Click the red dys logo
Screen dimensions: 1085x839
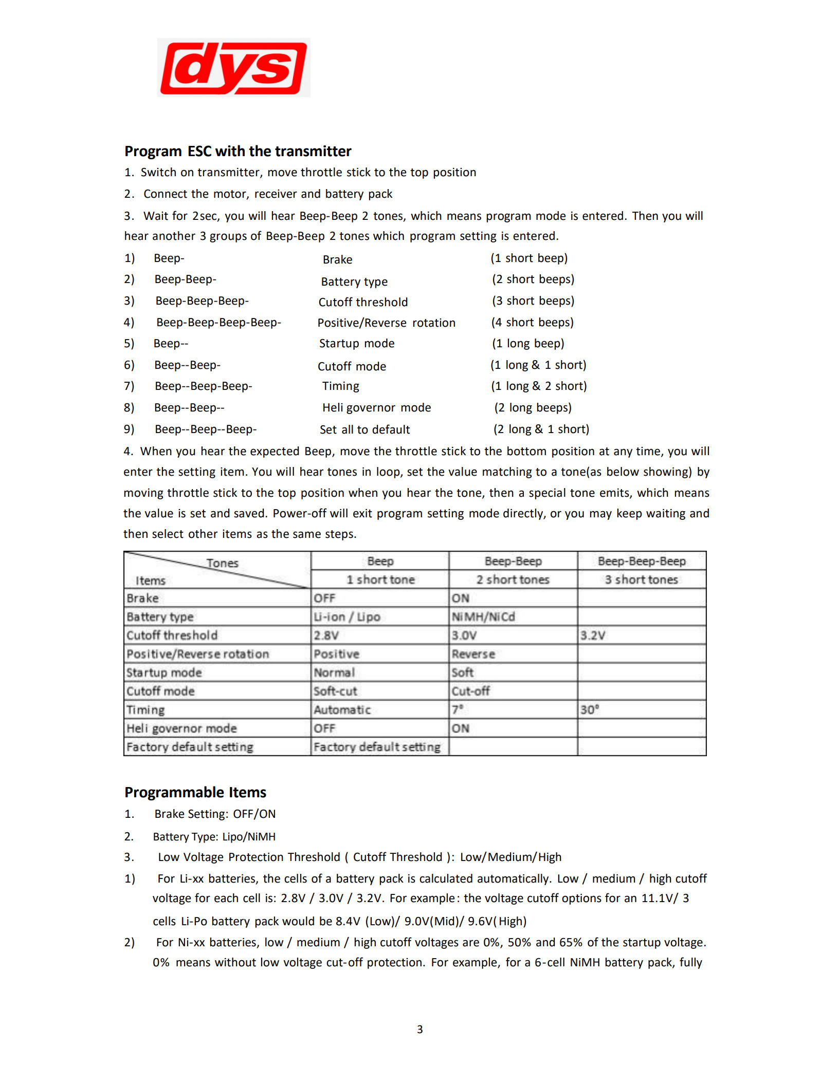point(233,68)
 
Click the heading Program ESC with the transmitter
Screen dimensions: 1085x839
point(238,151)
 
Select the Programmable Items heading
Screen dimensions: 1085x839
point(195,792)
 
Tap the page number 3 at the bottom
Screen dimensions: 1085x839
point(419,1029)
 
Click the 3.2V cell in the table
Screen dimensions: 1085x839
point(593,635)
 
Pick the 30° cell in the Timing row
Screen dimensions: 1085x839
point(590,710)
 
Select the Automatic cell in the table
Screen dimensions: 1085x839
point(342,710)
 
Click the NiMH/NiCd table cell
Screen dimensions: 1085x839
point(483,616)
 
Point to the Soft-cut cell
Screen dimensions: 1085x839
point(335,691)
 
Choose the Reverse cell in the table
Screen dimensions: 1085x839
point(473,654)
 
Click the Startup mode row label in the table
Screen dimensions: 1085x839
point(164,672)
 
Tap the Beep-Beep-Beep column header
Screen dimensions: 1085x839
point(642,561)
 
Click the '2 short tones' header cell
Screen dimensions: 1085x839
point(513,579)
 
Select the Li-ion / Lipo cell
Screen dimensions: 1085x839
point(347,616)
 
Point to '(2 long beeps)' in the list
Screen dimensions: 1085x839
point(533,407)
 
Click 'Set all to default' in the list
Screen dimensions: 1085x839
point(364,429)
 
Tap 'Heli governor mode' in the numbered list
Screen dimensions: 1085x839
point(376,407)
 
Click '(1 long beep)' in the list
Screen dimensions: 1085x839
point(528,343)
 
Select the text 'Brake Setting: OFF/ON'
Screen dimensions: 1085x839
point(215,814)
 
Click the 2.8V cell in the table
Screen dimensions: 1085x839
point(326,635)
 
